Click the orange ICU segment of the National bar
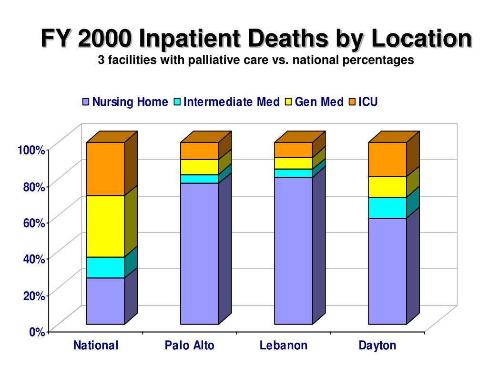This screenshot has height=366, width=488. (x=105, y=169)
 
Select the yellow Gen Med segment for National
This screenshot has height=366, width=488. (x=105, y=226)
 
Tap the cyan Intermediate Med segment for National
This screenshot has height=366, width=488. (x=105, y=267)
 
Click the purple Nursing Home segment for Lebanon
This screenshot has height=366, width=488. (x=294, y=251)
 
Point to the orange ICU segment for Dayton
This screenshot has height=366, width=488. (x=387, y=159)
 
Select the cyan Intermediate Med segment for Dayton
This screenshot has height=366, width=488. (x=387, y=208)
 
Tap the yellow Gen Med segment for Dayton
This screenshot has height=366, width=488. (x=387, y=187)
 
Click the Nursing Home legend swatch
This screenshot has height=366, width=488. (x=86, y=102)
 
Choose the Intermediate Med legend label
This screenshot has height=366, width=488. (x=232, y=102)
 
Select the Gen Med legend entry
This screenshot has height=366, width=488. (x=319, y=102)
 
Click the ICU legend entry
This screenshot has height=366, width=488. (x=367, y=102)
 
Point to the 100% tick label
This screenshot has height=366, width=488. (x=31, y=150)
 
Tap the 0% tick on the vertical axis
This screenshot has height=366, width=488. (x=37, y=332)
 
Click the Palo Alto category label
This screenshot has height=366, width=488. (x=190, y=346)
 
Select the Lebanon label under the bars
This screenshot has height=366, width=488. (x=284, y=346)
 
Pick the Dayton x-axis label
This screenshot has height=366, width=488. (x=377, y=346)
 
